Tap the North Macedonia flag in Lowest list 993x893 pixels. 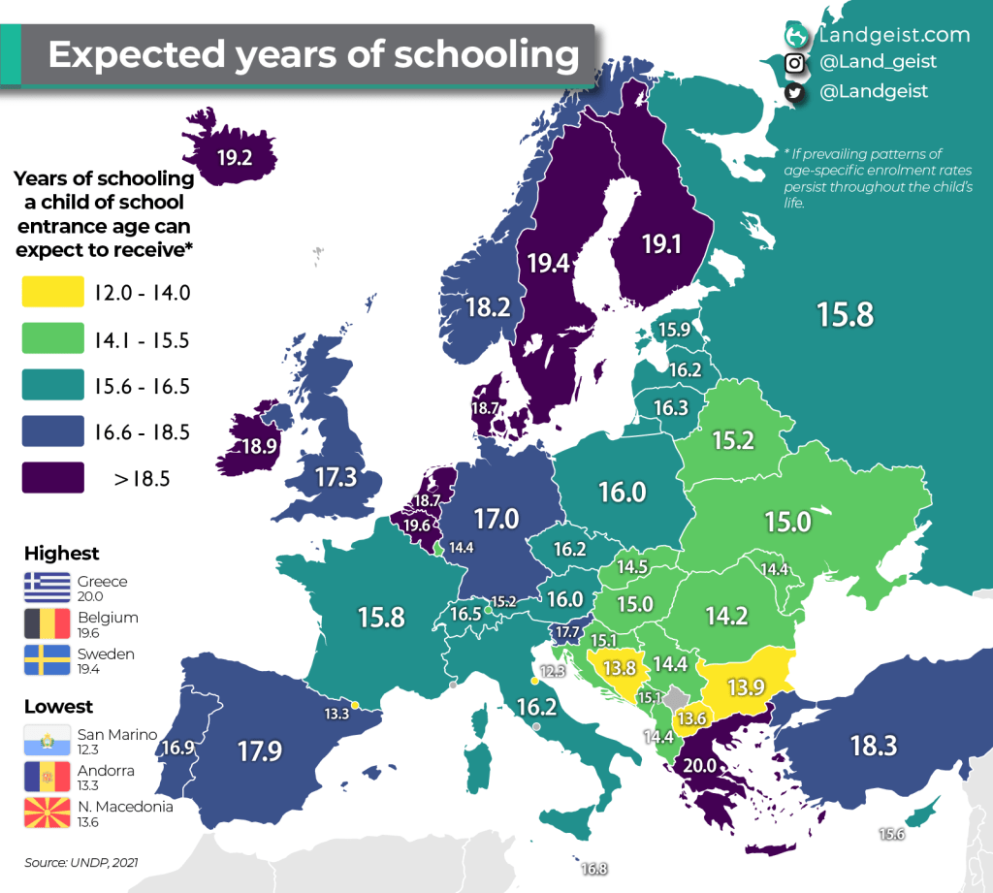47,813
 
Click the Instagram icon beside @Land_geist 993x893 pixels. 795,62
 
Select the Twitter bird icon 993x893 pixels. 795,92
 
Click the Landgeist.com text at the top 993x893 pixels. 893,35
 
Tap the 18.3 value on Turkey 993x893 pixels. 873,746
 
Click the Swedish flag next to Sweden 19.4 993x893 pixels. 47,660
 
